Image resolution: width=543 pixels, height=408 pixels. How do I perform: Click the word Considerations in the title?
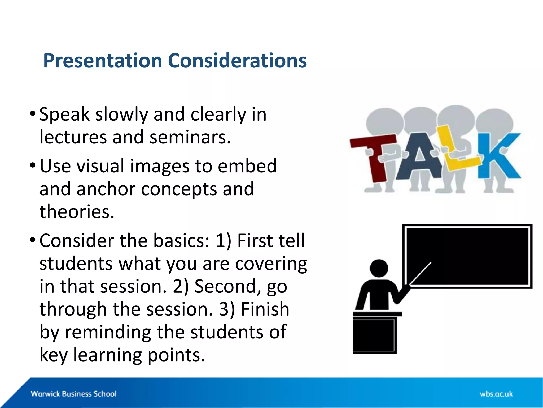[237, 61]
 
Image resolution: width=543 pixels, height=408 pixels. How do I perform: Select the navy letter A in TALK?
[419, 159]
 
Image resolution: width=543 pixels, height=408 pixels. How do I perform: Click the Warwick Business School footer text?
[73, 394]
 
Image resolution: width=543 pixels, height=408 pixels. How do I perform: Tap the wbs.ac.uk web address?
[496, 394]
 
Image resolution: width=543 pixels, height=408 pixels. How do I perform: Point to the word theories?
[77, 212]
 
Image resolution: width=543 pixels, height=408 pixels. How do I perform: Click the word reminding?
[108, 332]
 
